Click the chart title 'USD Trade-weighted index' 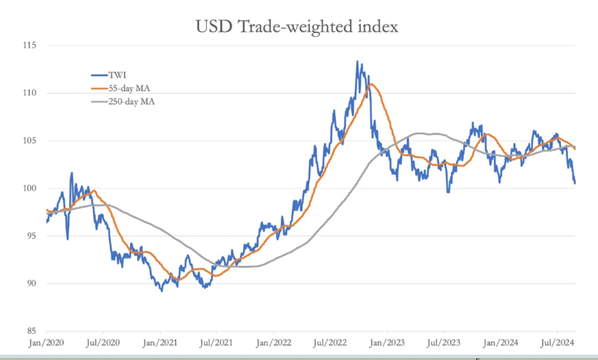[297, 27]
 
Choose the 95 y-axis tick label [30, 236]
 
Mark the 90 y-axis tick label [30, 284]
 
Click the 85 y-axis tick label [30, 331]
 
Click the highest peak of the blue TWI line [357, 61]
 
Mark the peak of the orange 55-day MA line [371, 84]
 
